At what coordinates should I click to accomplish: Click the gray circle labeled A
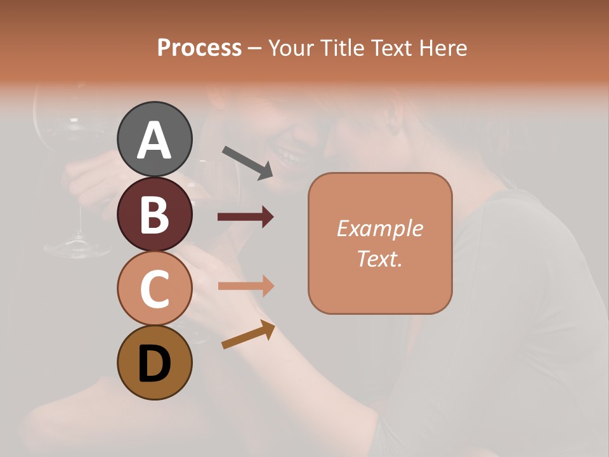[155, 140]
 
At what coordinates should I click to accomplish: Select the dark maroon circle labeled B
[155, 215]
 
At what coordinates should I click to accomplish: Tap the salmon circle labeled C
[155, 289]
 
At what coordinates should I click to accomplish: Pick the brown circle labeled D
[155, 363]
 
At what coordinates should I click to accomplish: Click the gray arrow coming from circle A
[247, 162]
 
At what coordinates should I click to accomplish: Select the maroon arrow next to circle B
[246, 217]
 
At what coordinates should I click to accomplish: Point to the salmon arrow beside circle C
[246, 286]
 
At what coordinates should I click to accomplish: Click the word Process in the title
[199, 48]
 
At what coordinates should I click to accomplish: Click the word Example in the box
[379, 228]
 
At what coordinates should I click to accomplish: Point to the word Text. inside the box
[379, 258]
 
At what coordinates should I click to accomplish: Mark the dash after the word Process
[255, 48]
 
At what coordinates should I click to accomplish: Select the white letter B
[155, 215]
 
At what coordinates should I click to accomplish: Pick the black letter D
[155, 364]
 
